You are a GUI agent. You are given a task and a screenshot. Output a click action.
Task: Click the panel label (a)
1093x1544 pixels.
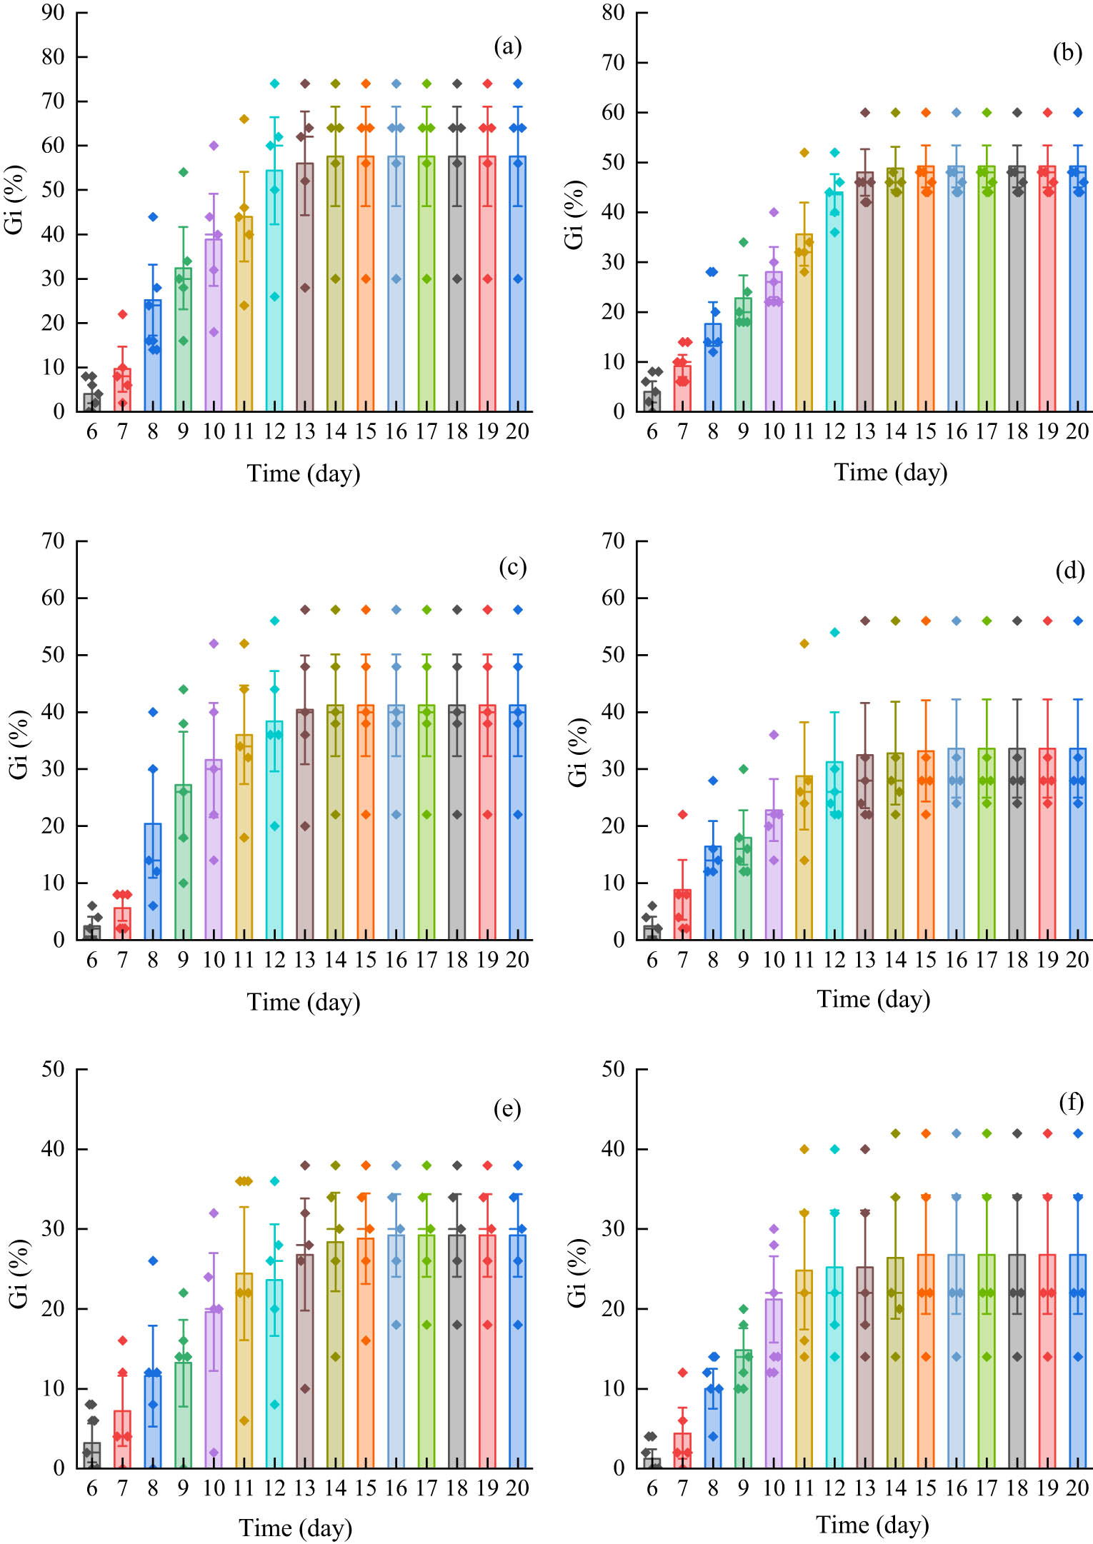coord(508,47)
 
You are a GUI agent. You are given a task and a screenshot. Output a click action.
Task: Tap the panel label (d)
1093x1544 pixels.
coord(1069,571)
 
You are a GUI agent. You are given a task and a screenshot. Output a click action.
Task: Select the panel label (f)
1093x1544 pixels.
coord(1071,1103)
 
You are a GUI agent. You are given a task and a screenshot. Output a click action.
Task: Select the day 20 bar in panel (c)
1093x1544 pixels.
coord(518,822)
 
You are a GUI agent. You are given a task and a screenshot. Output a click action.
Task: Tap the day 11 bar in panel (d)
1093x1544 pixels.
coord(804,858)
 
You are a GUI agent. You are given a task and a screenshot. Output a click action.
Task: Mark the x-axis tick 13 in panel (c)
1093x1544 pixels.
coord(305,961)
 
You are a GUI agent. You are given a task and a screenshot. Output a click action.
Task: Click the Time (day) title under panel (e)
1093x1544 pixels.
coord(296,1528)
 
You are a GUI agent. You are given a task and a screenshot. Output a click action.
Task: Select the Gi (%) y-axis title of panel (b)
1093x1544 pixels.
coord(574,214)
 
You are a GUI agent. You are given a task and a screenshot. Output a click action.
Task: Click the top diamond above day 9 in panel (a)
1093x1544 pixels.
coord(184,172)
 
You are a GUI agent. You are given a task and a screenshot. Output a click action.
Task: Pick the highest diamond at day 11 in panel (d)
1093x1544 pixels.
coord(804,643)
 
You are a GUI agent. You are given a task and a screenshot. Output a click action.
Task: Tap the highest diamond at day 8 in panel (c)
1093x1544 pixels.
coord(153,712)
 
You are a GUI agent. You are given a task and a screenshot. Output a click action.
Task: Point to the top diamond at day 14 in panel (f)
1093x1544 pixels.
coord(896,1133)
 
